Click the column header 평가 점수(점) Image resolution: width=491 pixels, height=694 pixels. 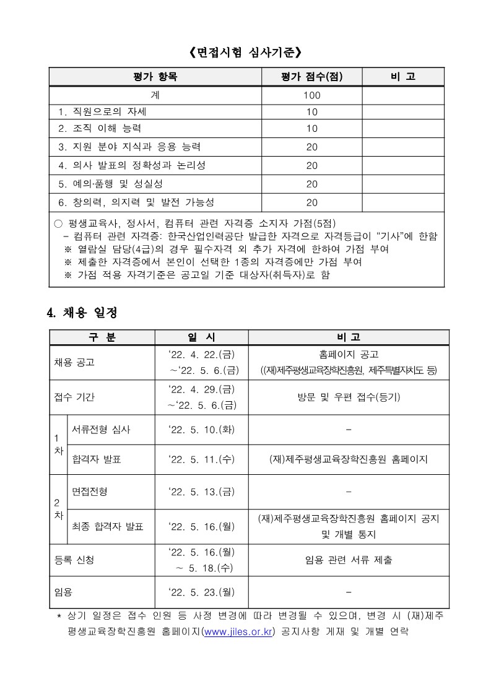[311, 77]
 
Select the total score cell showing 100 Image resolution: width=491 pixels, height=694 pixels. [311, 95]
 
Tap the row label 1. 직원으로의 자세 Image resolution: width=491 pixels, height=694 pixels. [102, 112]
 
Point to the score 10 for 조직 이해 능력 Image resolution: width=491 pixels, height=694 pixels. [311, 129]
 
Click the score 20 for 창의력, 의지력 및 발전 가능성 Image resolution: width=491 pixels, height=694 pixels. [311, 202]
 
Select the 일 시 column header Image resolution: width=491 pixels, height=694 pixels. [201, 337]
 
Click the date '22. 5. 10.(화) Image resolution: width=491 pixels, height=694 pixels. [201, 430]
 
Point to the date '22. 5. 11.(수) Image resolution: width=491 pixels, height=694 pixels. [201, 459]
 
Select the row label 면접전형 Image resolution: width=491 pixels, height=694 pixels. [90, 492]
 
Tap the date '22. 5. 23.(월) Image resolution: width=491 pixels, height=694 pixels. [201, 592]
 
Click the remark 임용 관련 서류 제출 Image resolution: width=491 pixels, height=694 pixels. [349, 560]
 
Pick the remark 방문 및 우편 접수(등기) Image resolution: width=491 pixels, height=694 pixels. [349, 397]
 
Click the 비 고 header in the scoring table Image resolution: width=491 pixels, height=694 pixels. [402, 77]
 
